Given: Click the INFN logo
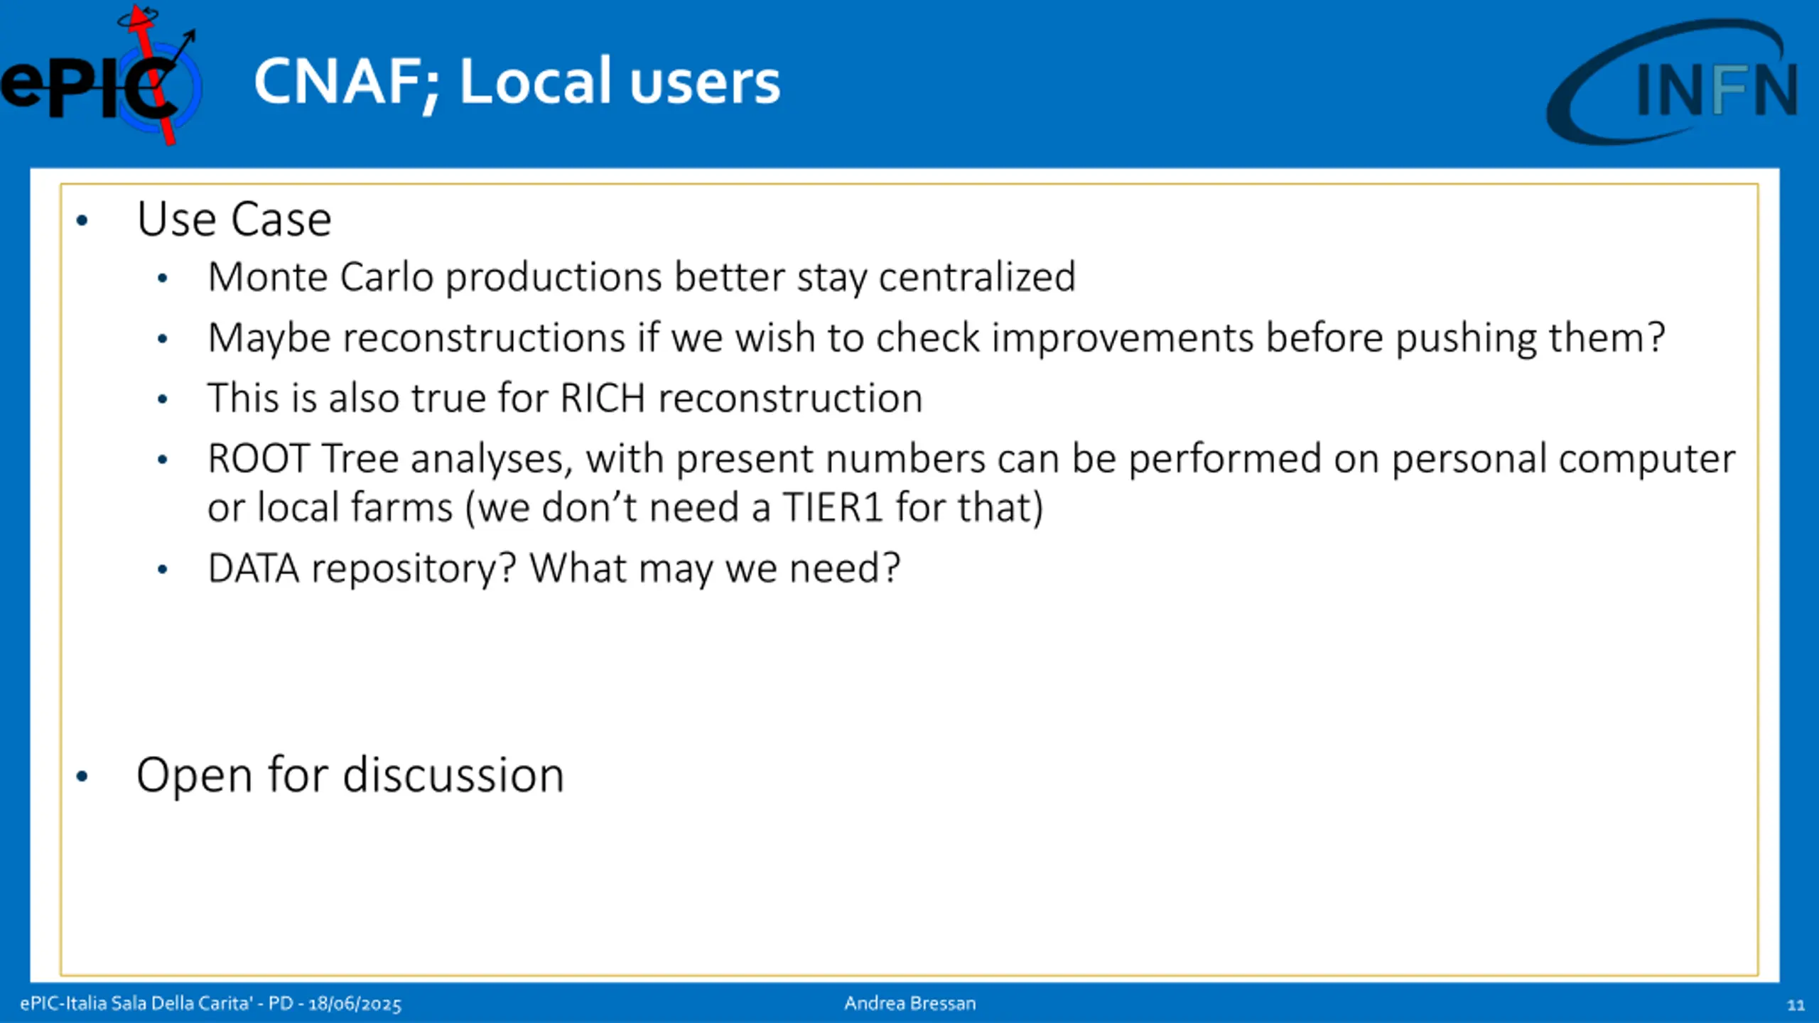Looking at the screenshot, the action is click(1674, 81).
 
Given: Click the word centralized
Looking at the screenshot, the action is click(977, 277).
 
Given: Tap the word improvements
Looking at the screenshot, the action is click(1123, 338).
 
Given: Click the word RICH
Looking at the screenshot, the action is click(603, 398).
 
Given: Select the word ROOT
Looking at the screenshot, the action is click(259, 459).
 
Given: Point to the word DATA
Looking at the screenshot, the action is click(254, 568).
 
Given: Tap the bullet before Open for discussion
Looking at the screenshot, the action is click(82, 776).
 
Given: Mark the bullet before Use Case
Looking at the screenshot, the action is click(82, 221).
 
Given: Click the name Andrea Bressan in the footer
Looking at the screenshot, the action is click(910, 1003).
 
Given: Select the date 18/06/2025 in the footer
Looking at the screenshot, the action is click(355, 1004).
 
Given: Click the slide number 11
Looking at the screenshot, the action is click(1796, 1005).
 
